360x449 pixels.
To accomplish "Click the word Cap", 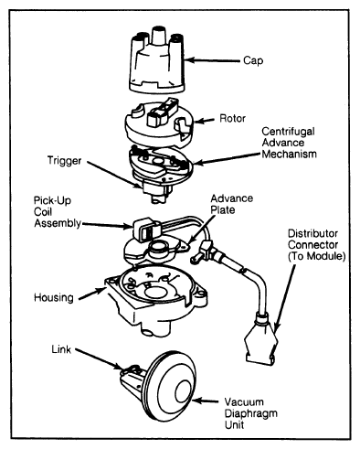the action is tap(253, 60).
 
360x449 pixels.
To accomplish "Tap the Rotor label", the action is tap(232, 118).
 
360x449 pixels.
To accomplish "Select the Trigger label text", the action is tap(64, 161).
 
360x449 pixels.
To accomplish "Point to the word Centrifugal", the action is tap(288, 132).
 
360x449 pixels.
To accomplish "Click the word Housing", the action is tap(54, 298).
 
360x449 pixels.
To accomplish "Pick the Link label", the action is tap(61, 349).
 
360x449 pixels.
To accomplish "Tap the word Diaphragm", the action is tap(251, 413).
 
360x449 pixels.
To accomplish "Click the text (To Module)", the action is tap(317, 256).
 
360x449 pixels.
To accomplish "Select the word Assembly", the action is tap(58, 223).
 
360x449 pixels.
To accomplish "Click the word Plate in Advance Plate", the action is tap(223, 210).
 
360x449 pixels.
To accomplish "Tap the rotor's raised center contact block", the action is tap(156, 116).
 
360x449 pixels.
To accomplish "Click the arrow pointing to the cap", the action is tap(212, 60).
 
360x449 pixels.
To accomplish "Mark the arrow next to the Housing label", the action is tap(91, 294).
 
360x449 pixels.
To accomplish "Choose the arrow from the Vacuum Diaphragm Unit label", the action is tap(206, 401).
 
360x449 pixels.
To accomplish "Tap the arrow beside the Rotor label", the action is tap(205, 121).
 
